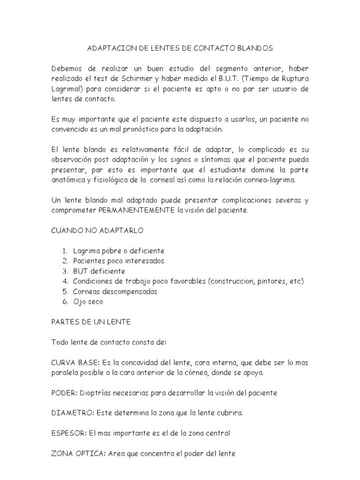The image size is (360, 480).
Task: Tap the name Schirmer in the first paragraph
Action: click(x=145, y=78)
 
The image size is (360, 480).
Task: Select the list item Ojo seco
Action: click(x=88, y=301)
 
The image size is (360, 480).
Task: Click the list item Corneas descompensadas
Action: click(x=115, y=292)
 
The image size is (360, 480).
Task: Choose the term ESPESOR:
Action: click(x=69, y=434)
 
